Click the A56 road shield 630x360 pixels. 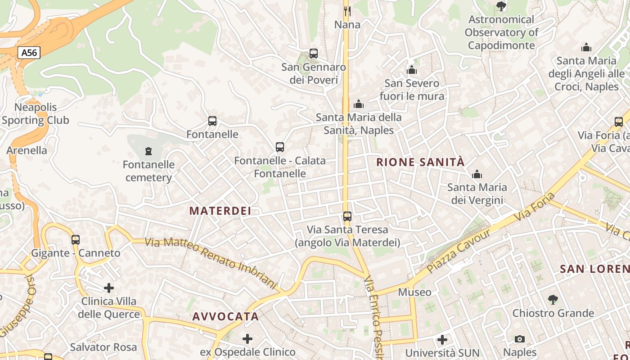point(29,53)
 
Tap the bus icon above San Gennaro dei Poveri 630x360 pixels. point(314,54)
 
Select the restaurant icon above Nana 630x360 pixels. point(347,11)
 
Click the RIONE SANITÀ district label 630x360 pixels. point(420,162)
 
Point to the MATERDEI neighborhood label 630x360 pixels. point(220,211)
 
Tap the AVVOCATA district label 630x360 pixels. point(225,316)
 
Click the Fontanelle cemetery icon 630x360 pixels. point(148,151)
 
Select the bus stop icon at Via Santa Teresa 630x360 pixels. point(347,216)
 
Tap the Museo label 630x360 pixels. point(414,292)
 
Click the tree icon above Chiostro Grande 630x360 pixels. point(553,299)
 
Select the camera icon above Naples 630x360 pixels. point(520,339)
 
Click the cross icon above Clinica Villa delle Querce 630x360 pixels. point(109,288)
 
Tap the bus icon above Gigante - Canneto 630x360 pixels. point(76,239)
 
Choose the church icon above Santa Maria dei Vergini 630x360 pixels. point(477,174)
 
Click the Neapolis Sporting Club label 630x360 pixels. point(36,114)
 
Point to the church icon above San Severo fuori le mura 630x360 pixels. point(411,70)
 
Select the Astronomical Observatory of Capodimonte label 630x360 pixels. point(501,32)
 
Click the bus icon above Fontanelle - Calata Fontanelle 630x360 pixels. point(279,147)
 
